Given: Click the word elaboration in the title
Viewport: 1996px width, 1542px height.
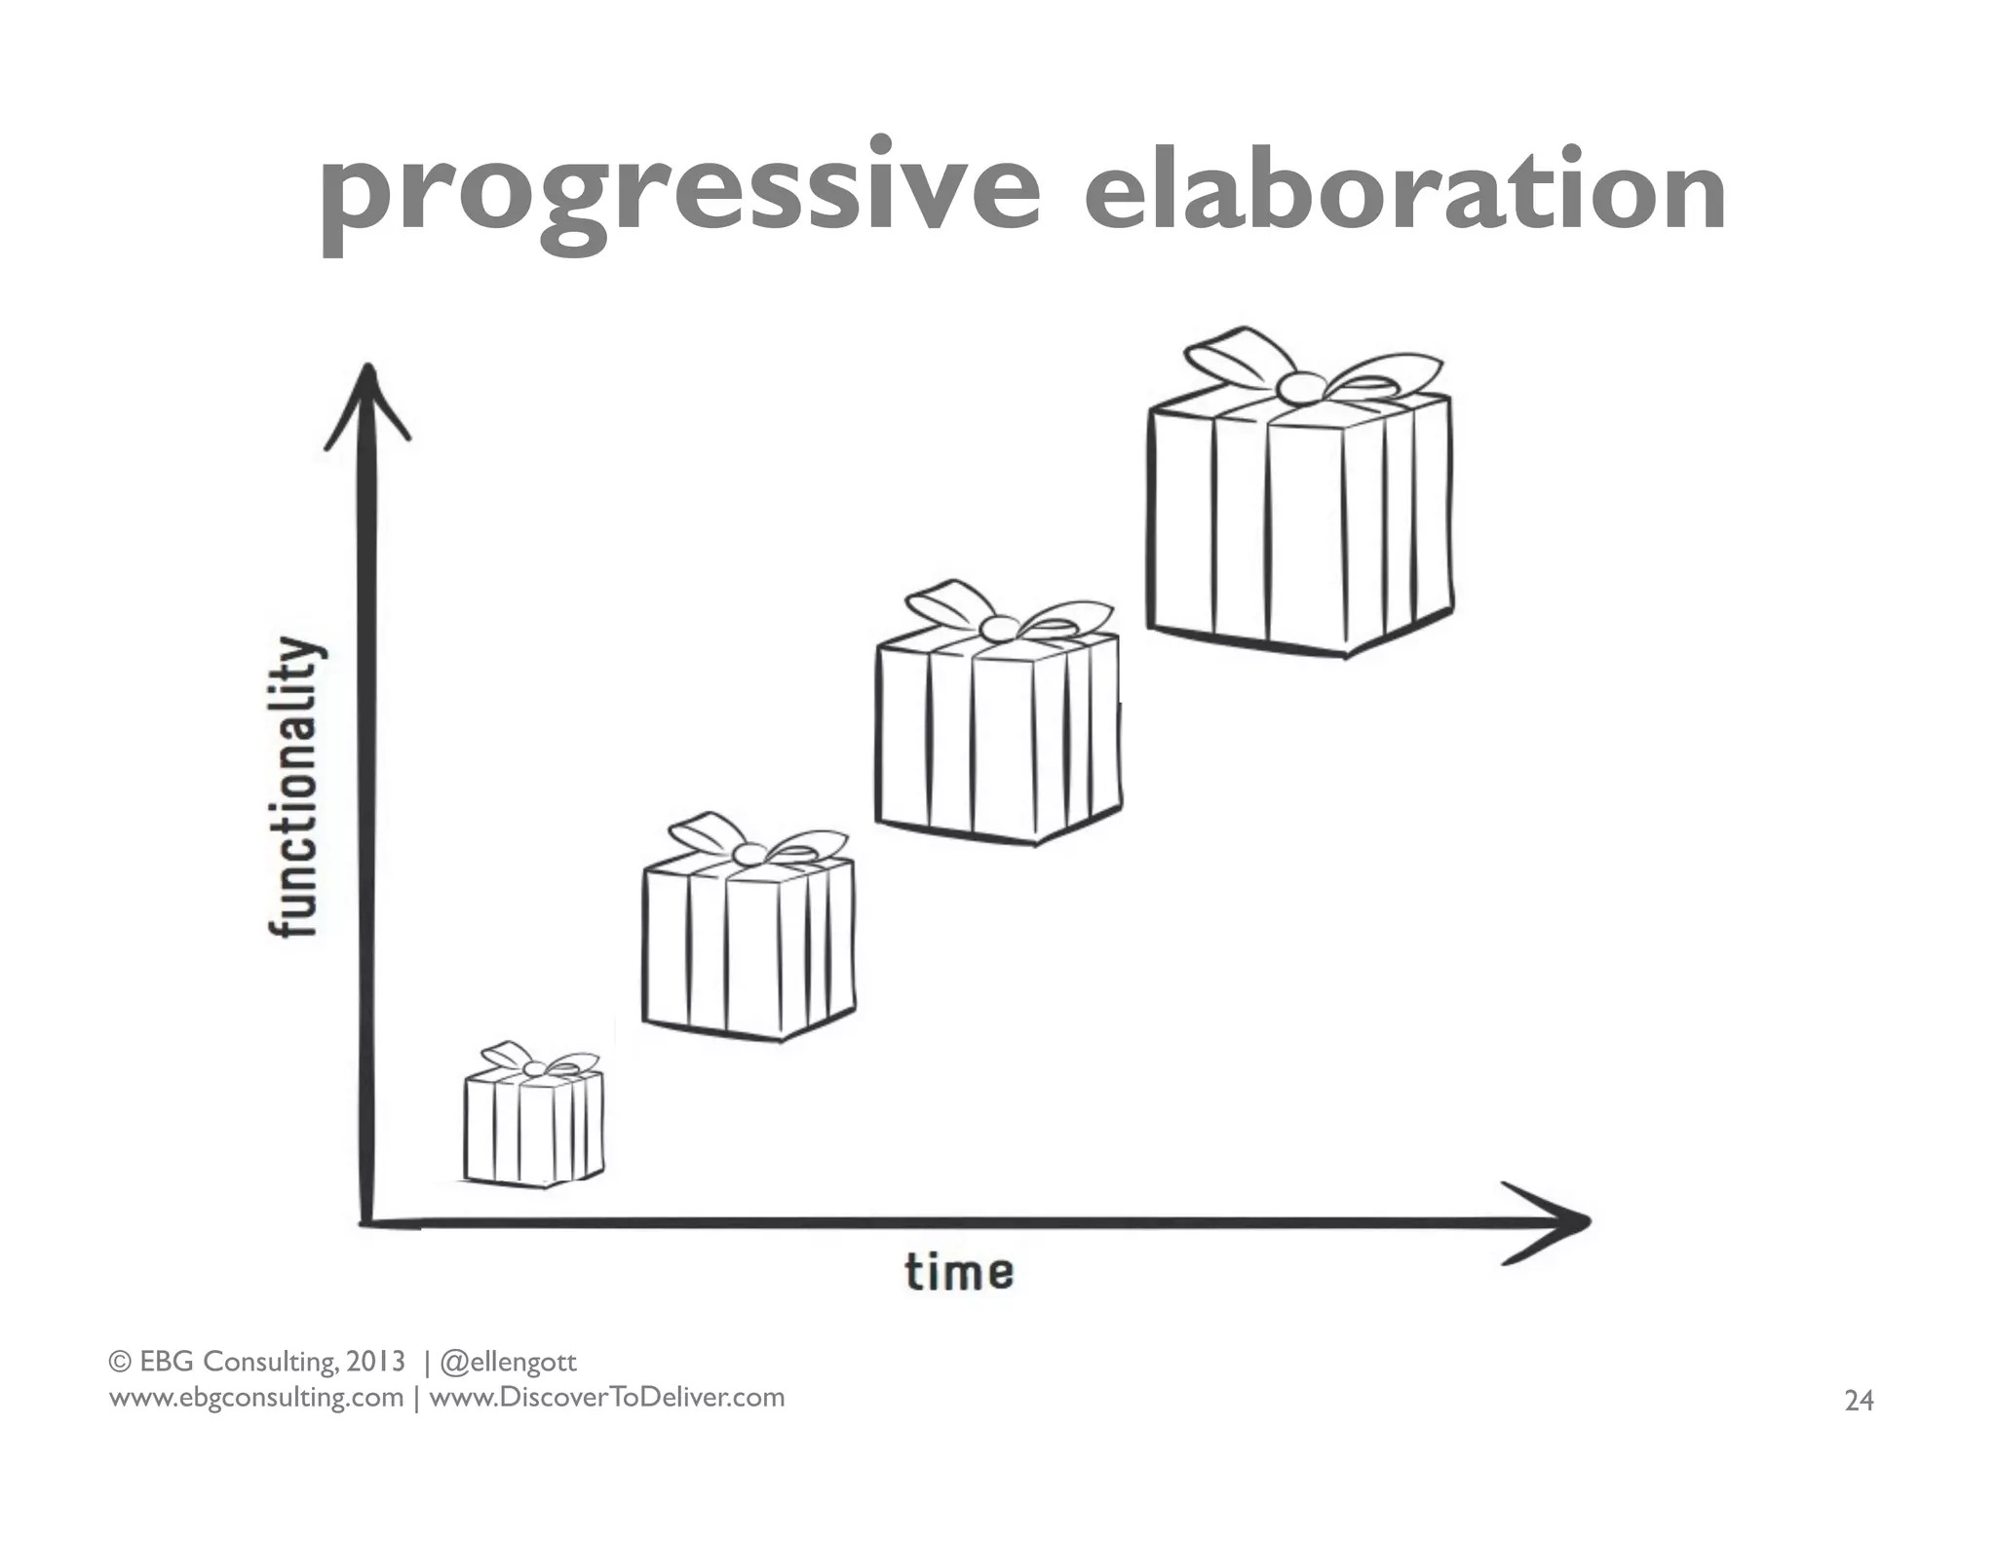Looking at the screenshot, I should (1404, 192).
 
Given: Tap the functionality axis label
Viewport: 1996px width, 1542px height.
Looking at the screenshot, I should (293, 787).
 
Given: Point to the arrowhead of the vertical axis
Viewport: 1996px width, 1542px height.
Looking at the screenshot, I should (367, 390).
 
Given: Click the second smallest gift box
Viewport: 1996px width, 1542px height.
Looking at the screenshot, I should (748, 945).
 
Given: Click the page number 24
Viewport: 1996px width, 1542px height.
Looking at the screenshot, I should (1859, 1401).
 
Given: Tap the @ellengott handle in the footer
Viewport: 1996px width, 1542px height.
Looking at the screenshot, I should (509, 1362).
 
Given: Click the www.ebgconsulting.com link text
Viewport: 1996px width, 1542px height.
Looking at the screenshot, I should (255, 1398).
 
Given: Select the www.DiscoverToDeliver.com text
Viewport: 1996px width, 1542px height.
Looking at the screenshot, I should (606, 1398).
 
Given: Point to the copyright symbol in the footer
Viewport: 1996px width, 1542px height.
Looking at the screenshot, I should (119, 1362).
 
